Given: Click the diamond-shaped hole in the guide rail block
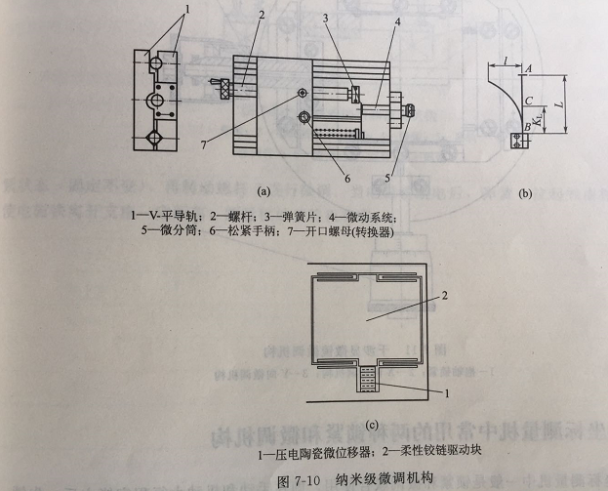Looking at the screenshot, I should [155, 138].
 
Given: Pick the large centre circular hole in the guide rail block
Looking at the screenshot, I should [155, 101].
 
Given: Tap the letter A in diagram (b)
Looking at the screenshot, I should [528, 69].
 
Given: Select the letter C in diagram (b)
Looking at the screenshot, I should [528, 101].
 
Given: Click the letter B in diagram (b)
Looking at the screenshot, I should [528, 126].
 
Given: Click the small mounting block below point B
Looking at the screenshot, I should [517, 140].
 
